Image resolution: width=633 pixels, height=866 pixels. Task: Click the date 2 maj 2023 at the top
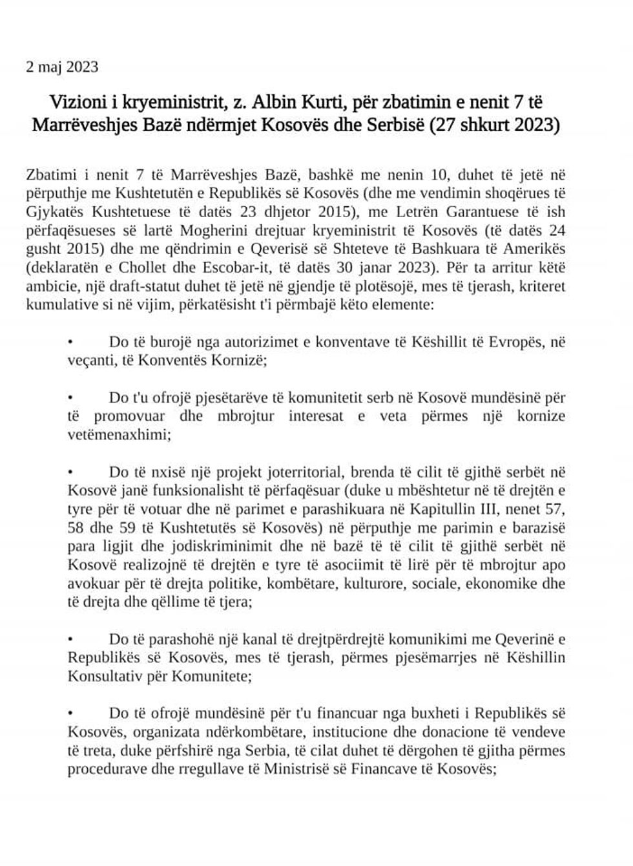62,67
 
